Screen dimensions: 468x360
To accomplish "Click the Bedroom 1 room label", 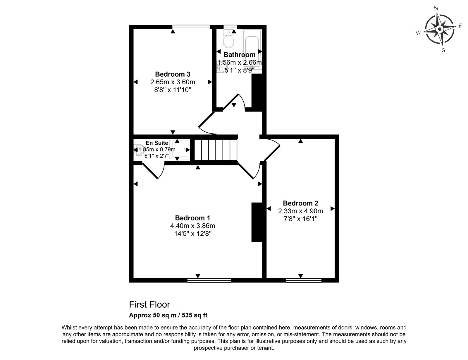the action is click(x=192, y=218).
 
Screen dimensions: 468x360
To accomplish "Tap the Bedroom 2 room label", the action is click(x=300, y=203).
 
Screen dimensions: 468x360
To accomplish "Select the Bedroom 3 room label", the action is click(x=173, y=74).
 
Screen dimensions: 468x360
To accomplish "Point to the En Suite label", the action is click(x=157, y=143).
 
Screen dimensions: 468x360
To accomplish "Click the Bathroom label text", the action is click(x=239, y=55).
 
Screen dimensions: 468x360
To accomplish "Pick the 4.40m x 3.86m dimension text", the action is click(x=192, y=226).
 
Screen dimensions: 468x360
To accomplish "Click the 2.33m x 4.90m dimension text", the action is click(x=300, y=211).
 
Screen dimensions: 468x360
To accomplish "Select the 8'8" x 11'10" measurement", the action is click(x=173, y=90).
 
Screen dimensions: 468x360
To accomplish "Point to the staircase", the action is click(x=216, y=150).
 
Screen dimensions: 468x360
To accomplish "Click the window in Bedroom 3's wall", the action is click(x=191, y=27).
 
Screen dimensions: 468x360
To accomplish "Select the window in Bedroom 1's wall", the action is click(x=209, y=280).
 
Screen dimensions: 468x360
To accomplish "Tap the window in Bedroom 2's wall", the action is click(x=303, y=280).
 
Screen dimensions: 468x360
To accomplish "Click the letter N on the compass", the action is click(x=436, y=8).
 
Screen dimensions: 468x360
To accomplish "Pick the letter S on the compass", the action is click(x=443, y=50).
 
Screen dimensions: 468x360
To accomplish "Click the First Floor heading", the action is click(x=149, y=304).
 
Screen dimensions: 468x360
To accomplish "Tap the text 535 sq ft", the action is click(x=195, y=315).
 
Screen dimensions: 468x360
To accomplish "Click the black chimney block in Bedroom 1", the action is click(x=257, y=222).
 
